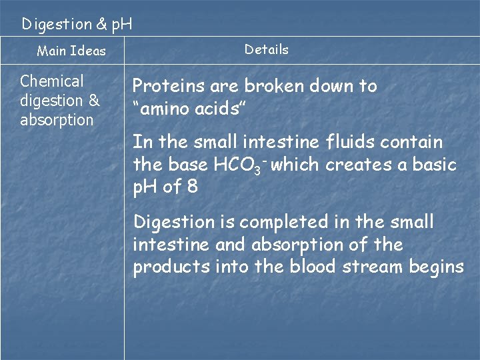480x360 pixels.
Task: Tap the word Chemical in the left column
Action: pyautogui.click(x=52, y=81)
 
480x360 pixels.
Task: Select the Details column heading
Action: pyautogui.click(x=267, y=49)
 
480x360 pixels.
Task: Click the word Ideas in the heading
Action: pyautogui.click(x=88, y=51)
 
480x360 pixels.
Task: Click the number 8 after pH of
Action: pyautogui.click(x=192, y=187)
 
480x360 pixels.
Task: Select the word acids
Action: pyautogui.click(x=223, y=109)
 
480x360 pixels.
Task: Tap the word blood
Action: pyautogui.click(x=312, y=267)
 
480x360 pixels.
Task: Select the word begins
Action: pyautogui.click(x=439, y=267)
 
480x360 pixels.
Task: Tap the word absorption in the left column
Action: pyautogui.click(x=57, y=120)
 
